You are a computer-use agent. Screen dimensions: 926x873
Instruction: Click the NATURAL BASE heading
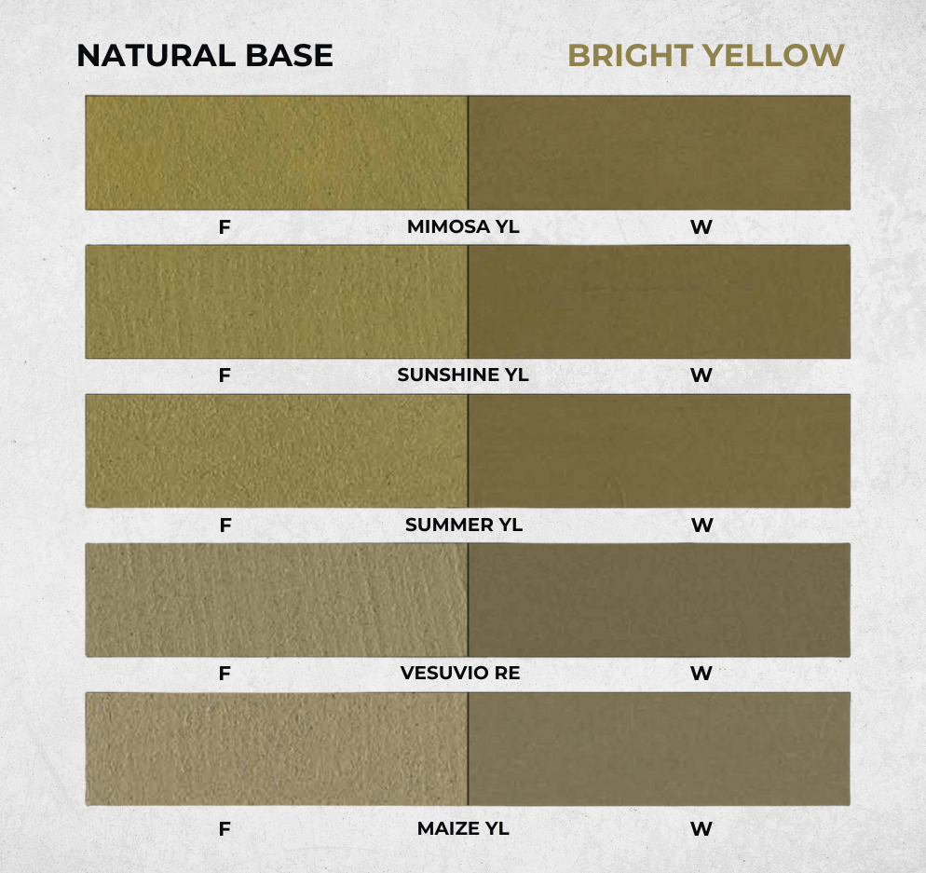coord(205,56)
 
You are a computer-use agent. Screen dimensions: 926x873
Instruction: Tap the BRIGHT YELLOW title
coord(706,56)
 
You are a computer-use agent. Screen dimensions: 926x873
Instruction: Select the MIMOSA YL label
coord(463,226)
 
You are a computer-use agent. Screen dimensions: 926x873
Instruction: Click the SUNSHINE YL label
coord(463,375)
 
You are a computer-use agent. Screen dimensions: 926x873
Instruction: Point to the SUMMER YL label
coord(464,525)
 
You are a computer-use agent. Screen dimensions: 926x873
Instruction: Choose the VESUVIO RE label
coord(460,673)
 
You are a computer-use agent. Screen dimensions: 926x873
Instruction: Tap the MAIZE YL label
coord(463,828)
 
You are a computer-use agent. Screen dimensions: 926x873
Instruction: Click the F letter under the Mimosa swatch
coord(225,226)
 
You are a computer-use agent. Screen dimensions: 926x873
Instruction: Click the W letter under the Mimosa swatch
coord(701,226)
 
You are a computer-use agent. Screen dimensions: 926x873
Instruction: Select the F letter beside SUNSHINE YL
coord(225,375)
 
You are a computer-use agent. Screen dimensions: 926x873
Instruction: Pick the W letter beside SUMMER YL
coord(702,525)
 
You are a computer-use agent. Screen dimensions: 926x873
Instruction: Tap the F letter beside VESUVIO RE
coord(225,674)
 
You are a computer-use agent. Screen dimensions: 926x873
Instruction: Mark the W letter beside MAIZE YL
coord(701,829)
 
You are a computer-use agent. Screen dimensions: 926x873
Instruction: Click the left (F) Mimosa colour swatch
coord(277,153)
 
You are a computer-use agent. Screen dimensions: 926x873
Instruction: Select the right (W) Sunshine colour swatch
coord(659,302)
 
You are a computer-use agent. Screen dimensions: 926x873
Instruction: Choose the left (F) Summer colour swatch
coord(277,451)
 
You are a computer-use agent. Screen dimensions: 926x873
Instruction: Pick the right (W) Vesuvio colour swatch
coord(659,599)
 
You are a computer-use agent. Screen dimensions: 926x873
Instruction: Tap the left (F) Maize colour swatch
coord(277,749)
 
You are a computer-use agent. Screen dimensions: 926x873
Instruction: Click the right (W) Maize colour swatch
coord(659,749)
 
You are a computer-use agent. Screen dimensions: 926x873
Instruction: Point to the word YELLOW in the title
coord(774,56)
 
